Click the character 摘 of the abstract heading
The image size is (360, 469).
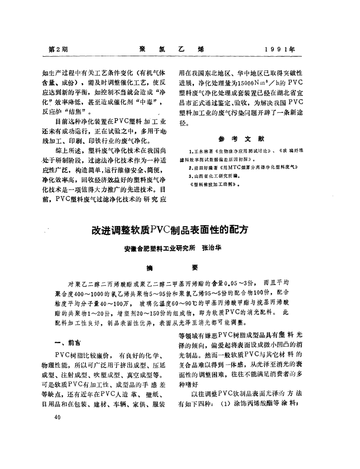click(150, 267)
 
